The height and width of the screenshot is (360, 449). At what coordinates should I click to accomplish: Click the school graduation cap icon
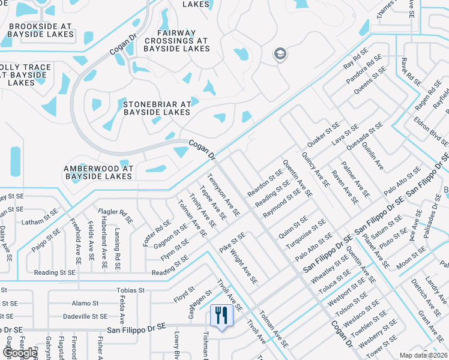click(280, 55)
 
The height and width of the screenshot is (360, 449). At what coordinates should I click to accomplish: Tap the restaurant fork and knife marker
click(221, 315)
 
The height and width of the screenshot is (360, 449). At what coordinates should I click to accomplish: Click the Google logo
click(20, 353)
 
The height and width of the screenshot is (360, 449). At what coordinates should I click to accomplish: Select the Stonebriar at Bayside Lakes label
click(157, 108)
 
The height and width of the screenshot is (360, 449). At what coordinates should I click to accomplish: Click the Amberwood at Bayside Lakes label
click(98, 173)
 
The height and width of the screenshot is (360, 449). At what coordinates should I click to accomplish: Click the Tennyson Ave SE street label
click(223, 195)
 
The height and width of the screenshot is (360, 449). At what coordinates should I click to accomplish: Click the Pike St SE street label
click(232, 243)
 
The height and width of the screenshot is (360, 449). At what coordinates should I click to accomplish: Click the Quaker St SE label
click(324, 137)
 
